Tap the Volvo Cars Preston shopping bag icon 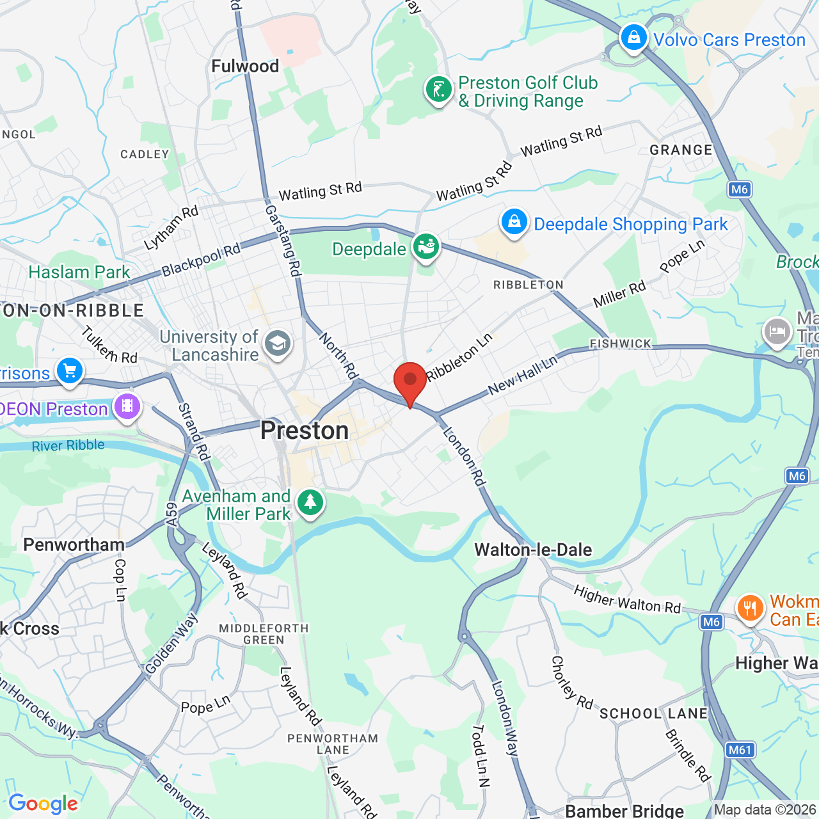tap(633, 38)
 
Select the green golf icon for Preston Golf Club tap(439, 90)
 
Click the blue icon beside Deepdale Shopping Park tap(514, 222)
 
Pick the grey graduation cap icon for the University tap(277, 344)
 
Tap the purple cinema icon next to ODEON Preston tap(127, 406)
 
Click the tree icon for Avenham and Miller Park tap(310, 502)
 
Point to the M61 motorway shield tap(740, 750)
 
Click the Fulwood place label tap(245, 66)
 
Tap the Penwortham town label tap(74, 545)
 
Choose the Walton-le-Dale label tap(533, 550)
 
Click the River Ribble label tap(68, 445)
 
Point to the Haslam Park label tap(79, 272)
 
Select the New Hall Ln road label tap(523, 375)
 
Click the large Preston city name tap(305, 431)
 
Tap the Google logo tap(43, 804)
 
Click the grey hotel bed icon tap(777, 331)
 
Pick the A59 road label tap(171, 515)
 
